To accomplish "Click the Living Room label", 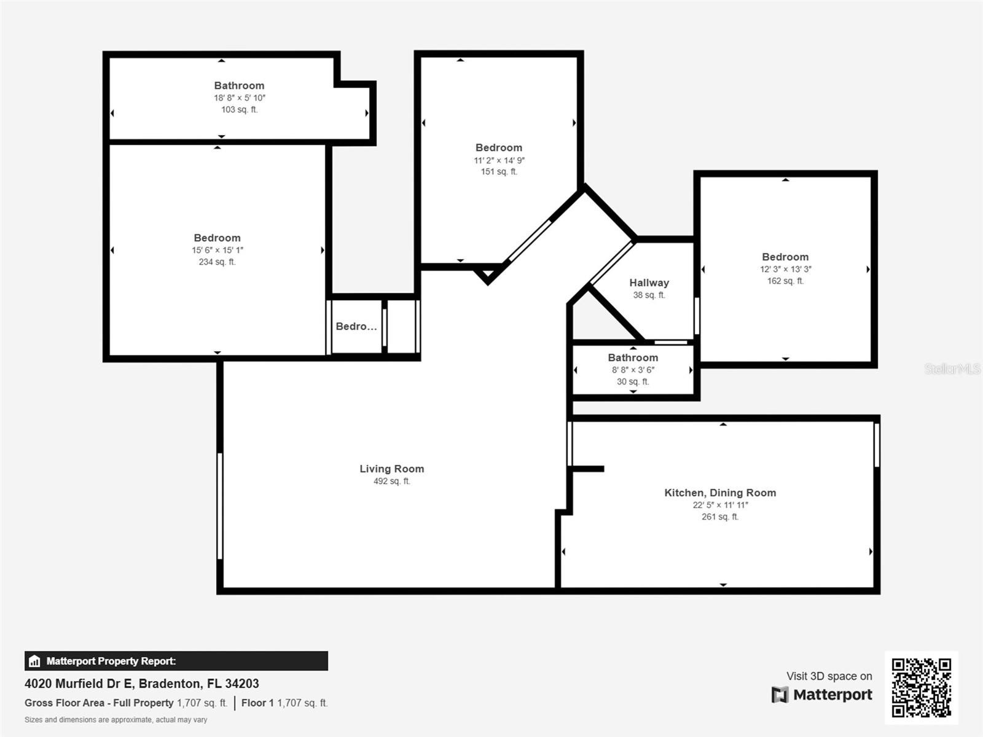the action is (x=391, y=469).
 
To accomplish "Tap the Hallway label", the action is (x=649, y=283).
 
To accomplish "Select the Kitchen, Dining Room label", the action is (x=719, y=493).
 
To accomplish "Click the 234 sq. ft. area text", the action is (x=217, y=262).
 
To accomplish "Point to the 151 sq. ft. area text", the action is (x=499, y=171).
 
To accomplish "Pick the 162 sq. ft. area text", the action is (x=785, y=281).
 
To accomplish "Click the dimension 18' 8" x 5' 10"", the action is (x=239, y=98).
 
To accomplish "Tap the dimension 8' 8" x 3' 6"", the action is (x=633, y=370).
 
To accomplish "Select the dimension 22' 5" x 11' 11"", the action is (x=720, y=505).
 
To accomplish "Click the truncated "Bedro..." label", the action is (x=356, y=326).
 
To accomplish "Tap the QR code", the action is (x=921, y=687).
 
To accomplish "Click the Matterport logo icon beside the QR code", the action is (x=780, y=695).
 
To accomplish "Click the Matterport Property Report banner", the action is (x=176, y=661).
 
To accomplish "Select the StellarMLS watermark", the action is (x=952, y=368).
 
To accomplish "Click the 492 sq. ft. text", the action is (x=392, y=481).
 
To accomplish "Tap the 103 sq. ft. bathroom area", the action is (x=239, y=109).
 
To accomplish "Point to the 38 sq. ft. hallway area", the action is (x=649, y=295).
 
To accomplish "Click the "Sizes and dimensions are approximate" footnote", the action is (x=116, y=720).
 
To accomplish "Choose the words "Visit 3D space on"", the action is (x=829, y=676).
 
